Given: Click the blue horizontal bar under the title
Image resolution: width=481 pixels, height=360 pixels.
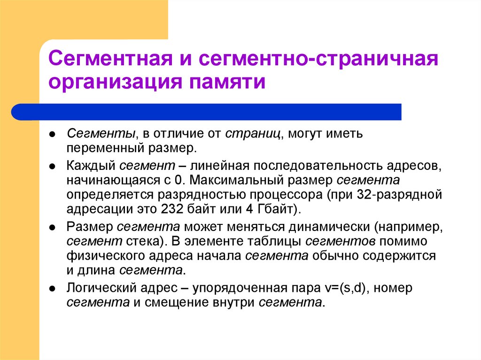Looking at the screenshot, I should (x=207, y=112).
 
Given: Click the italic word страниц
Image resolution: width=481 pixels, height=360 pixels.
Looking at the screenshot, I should (x=253, y=134).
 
